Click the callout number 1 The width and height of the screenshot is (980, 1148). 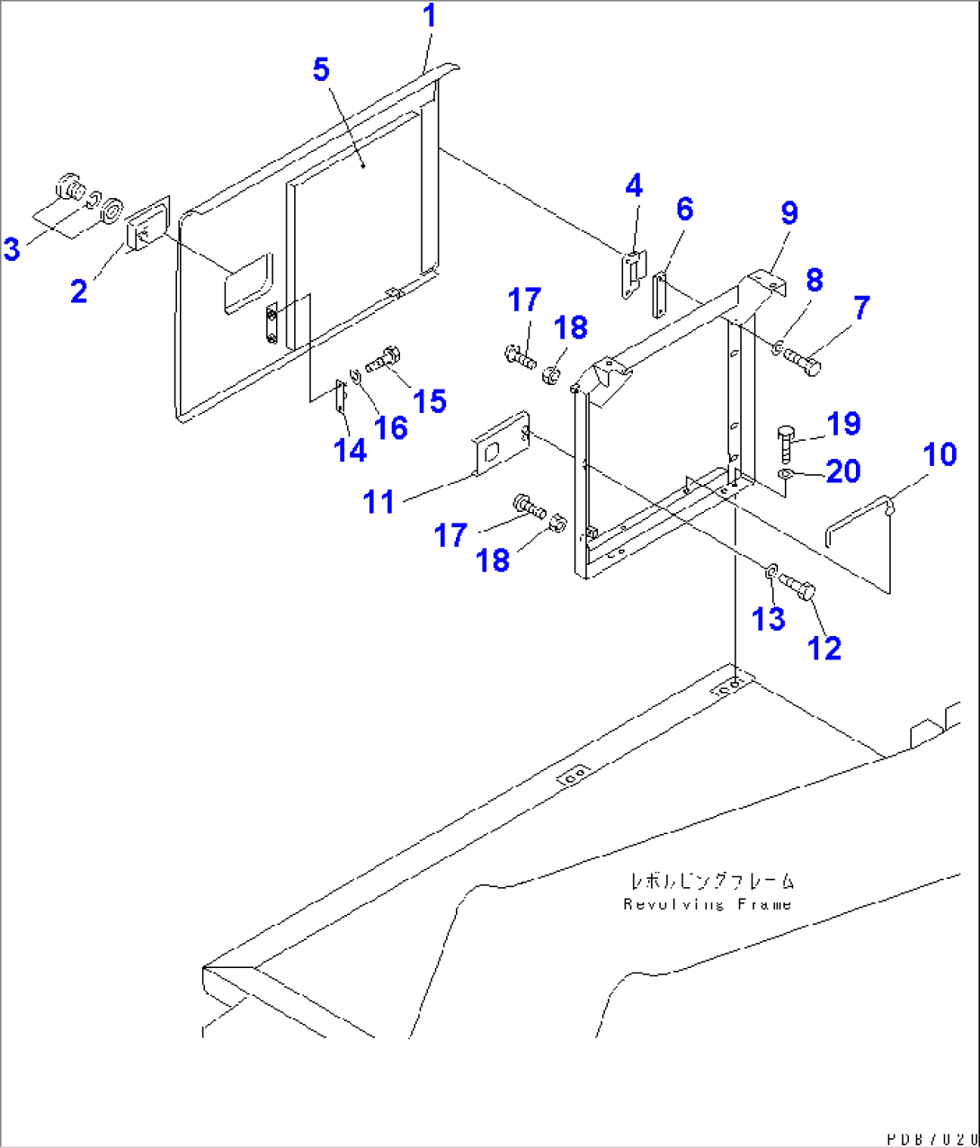click(x=430, y=17)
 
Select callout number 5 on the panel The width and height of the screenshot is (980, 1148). click(x=321, y=70)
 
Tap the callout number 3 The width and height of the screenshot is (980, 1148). click(x=12, y=248)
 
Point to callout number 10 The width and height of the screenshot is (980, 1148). click(x=940, y=454)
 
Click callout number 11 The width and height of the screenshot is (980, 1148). click(x=379, y=501)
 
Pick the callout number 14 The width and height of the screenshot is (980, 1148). click(x=350, y=449)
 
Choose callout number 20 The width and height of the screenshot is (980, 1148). click(x=842, y=471)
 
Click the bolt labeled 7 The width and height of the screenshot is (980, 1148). click(x=800, y=362)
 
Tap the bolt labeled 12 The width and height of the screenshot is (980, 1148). click(x=797, y=587)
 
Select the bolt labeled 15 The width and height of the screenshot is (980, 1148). click(x=384, y=358)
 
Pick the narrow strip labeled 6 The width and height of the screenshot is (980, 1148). click(x=658, y=295)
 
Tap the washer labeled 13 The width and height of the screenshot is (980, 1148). click(x=771, y=570)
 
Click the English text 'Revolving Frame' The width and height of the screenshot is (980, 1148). click(x=708, y=904)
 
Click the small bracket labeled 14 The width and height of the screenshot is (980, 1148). click(x=340, y=398)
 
